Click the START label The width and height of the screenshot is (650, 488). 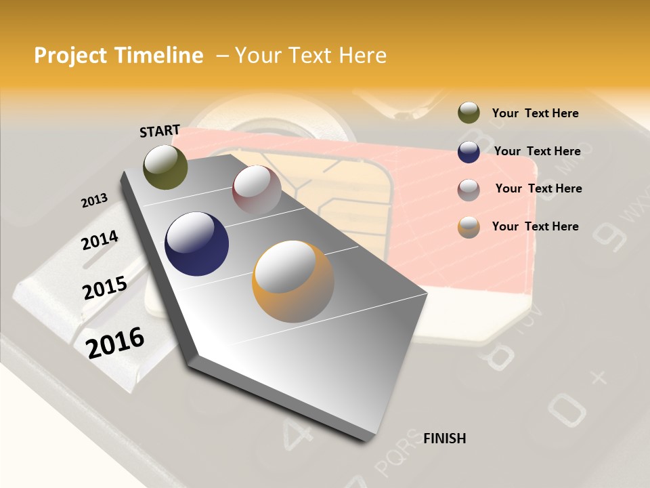160,131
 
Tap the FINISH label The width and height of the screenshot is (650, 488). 444,439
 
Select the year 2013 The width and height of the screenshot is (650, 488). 94,201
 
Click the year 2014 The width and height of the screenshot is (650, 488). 100,241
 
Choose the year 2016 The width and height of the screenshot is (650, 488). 116,343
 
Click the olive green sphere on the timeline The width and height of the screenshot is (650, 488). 165,167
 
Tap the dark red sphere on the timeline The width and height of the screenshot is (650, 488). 257,190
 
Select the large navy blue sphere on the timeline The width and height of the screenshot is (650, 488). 196,244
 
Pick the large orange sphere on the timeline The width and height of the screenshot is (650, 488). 292,281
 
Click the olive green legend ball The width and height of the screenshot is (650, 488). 469,113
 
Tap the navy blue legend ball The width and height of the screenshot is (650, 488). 469,152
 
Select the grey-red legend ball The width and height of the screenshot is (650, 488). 469,190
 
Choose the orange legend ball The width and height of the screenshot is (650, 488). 469,227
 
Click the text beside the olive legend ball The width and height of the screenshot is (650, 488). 535,114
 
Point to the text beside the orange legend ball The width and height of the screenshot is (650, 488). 535,226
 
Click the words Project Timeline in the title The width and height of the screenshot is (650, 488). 118,56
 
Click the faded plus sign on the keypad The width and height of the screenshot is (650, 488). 599,377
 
